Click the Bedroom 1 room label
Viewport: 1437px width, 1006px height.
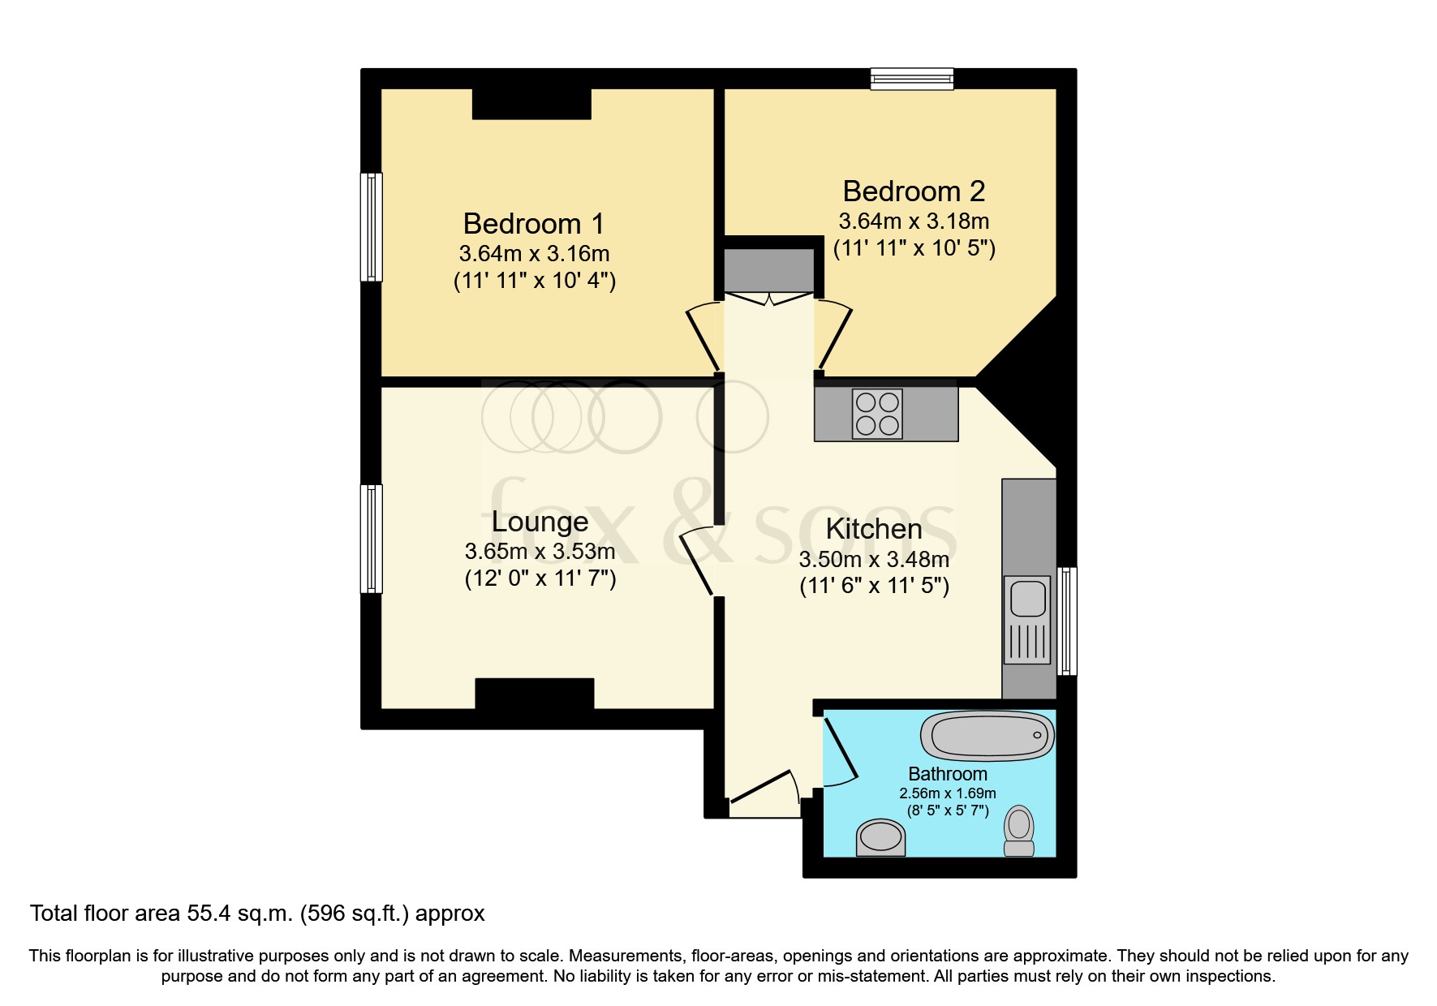[x=533, y=223]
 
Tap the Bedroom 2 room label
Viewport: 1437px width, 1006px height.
[x=914, y=191]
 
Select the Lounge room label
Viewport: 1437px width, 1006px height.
[x=540, y=522]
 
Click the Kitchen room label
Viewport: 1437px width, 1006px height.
[x=874, y=529]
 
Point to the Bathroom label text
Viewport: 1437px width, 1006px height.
[x=947, y=774]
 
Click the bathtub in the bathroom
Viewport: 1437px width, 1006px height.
[x=987, y=737]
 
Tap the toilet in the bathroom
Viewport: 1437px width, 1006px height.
[x=1019, y=831]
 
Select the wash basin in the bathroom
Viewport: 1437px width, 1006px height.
[x=880, y=837]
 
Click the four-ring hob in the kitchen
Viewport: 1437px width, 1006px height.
[x=877, y=414]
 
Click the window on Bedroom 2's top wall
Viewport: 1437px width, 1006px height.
[x=912, y=78]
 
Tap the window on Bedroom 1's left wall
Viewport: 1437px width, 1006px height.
[x=372, y=227]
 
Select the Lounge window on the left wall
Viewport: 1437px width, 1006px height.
[x=372, y=539]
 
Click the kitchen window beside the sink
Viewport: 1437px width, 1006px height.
[x=1068, y=621]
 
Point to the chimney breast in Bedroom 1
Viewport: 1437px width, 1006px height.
[x=531, y=104]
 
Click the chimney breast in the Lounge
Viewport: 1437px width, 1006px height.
[x=534, y=693]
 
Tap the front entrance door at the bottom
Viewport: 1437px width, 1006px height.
[x=763, y=793]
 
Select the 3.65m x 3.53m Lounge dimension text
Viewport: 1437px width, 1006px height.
[x=540, y=552]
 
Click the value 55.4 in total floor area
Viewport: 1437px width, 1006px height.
[x=205, y=914]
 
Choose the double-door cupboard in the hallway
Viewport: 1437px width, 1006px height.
[x=768, y=271]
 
